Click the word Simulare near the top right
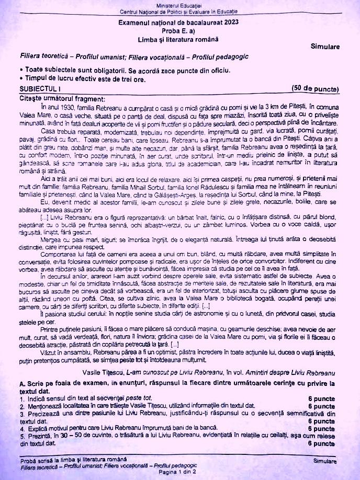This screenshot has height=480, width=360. [x=325, y=47]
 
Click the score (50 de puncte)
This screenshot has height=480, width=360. [x=315, y=88]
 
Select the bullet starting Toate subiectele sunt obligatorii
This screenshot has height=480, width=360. [x=99, y=70]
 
